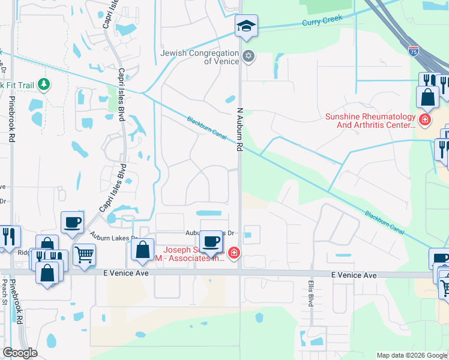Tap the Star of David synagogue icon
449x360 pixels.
point(249,57)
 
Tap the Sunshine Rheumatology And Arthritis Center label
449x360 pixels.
point(370,121)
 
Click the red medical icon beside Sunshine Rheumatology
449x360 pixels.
point(425,120)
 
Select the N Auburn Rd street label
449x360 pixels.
point(239,129)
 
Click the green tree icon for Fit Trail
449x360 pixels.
point(43,85)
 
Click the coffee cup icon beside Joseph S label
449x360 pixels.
point(211,241)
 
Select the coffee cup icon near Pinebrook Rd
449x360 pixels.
point(72,222)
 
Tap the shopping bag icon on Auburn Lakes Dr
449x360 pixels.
point(143,250)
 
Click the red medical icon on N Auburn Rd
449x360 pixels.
point(234,254)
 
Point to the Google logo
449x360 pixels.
point(20,353)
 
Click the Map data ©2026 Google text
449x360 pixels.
point(411,355)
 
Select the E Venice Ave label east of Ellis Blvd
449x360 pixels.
point(354,275)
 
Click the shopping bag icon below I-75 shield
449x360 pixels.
point(427,97)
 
